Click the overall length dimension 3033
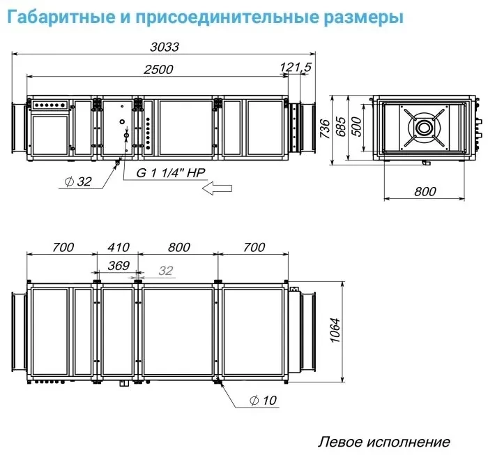pyautogui.click(x=165, y=47)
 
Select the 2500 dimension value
pyautogui.click(x=158, y=69)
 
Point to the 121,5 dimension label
pyautogui.click(x=296, y=67)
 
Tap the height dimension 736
pyautogui.click(x=325, y=128)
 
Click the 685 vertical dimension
pyautogui.click(x=340, y=126)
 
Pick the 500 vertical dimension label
pyautogui.click(x=357, y=126)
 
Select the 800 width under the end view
pyautogui.click(x=425, y=191)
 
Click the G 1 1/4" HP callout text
pyautogui.click(x=171, y=172)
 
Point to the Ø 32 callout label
pyautogui.click(x=78, y=181)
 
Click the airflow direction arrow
pyautogui.click(x=217, y=188)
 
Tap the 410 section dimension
pyautogui.click(x=119, y=247)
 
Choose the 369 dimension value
pyautogui.click(x=119, y=265)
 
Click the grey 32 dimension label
pyautogui.click(x=166, y=271)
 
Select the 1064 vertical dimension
pyautogui.click(x=335, y=330)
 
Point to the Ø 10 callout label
pyautogui.click(x=263, y=400)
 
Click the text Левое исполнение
pyautogui.click(x=383, y=442)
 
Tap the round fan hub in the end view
pyautogui.click(x=424, y=128)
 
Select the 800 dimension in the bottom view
pyautogui.click(x=179, y=247)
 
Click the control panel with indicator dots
pyautogui.click(x=49, y=105)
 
